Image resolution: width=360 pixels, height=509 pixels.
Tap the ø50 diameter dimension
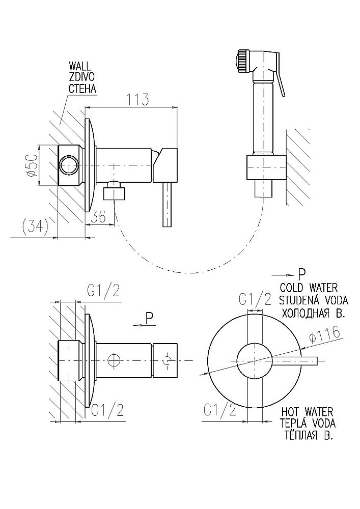coord(31,165)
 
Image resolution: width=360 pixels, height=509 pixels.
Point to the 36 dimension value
coord(99,217)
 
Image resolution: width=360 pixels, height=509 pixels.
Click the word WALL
coord(80,66)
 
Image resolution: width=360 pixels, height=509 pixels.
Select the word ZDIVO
coord(81,77)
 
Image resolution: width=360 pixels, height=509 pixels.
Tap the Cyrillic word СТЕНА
coord(82,89)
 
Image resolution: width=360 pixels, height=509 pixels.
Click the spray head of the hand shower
coord(242,61)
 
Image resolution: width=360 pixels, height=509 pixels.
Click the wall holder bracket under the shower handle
coord(264,167)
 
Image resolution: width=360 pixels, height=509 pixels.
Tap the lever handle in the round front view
coord(300,361)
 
